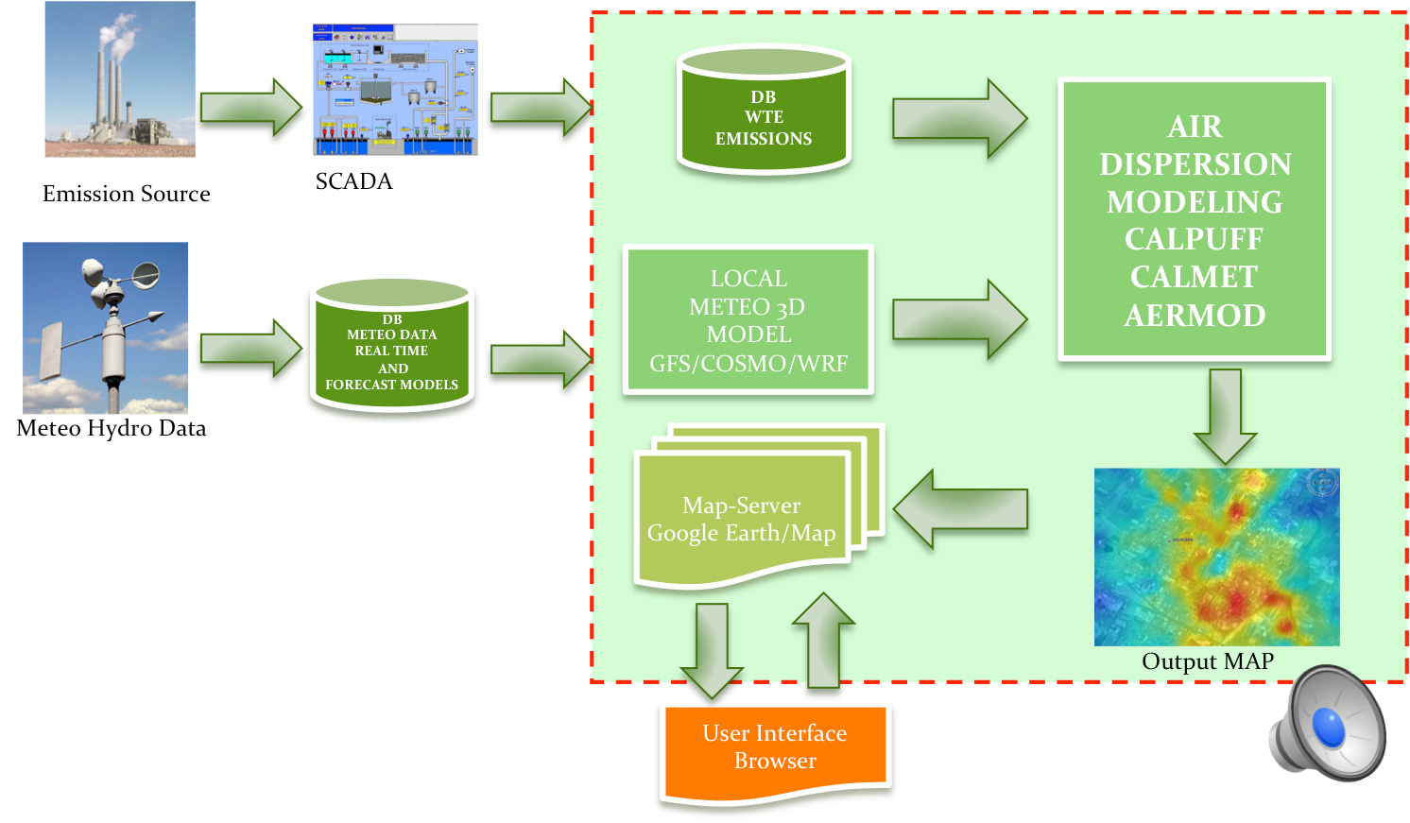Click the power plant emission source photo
point(120,79)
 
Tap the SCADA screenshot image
point(395,90)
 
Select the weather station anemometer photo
point(105,327)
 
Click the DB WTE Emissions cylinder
point(764,112)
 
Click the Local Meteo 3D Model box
point(748,320)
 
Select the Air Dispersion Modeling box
point(1195,220)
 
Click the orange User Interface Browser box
point(775,751)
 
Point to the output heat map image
point(1216,557)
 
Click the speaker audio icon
point(1327,724)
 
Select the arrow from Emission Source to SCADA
point(250,108)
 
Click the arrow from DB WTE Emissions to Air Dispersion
point(958,119)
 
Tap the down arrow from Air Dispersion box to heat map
point(1225,414)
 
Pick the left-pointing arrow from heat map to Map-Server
point(960,509)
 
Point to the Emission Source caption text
point(127,194)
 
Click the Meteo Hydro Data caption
point(112,428)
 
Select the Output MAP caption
point(1208,660)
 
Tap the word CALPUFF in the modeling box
point(1194,239)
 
